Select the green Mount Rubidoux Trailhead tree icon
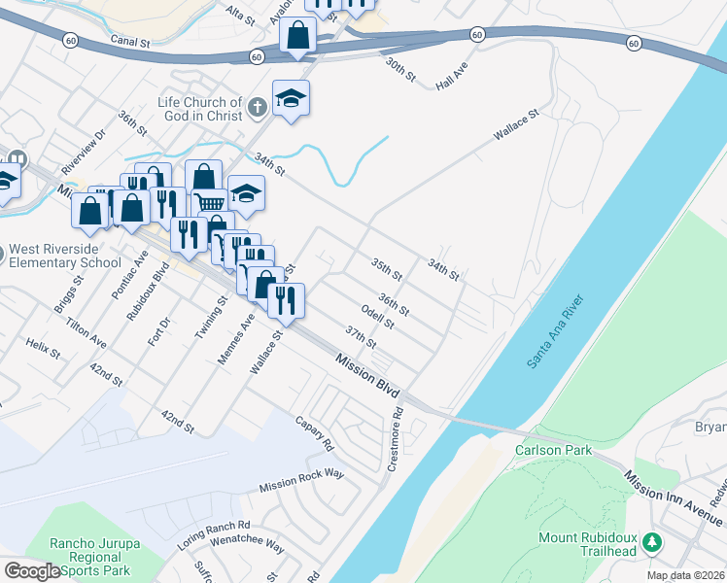pos(656,540)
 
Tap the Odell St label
pos(376,316)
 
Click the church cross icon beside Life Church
pos(257,107)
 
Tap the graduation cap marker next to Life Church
pos(291,97)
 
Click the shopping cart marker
pos(211,202)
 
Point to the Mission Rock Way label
pos(301,480)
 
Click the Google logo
pos(31,571)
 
